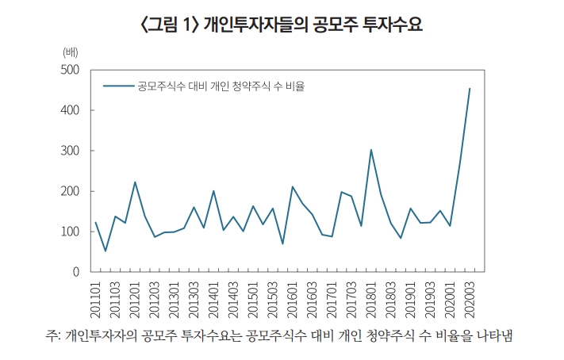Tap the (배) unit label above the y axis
[71, 52]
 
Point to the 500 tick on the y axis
[70, 70]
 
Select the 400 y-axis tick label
[70, 110]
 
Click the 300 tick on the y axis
[70, 151]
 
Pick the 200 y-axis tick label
[70, 191]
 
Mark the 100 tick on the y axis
[70, 232]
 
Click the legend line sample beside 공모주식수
[117, 86]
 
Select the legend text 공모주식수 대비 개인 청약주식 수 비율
[221, 86]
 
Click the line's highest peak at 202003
[470, 89]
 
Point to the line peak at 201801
[371, 149]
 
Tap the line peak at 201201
[135, 182]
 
